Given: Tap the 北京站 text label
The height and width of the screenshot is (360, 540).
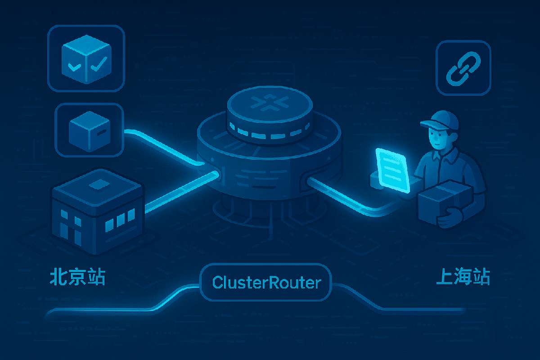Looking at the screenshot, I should pos(77,277).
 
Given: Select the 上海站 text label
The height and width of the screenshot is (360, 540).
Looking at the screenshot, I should pos(463,277).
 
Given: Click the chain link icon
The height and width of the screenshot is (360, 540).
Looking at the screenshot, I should pos(463,68).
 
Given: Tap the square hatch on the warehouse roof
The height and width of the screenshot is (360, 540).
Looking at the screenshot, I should pos(98,184).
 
